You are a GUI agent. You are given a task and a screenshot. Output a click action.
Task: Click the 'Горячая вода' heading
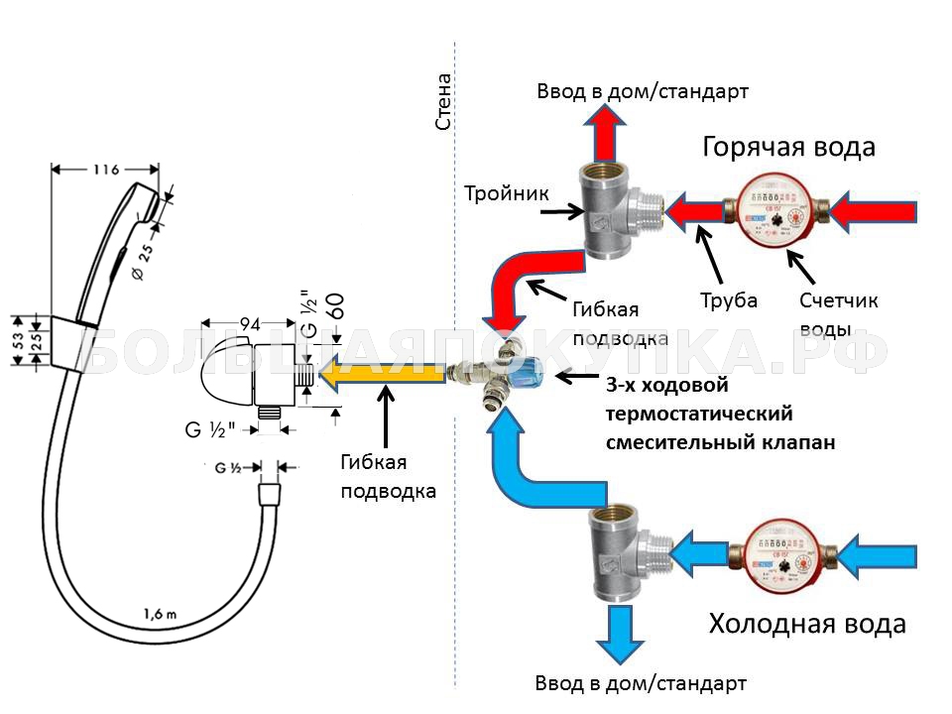tap(788, 148)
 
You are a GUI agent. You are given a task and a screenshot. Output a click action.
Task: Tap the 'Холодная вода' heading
tap(806, 624)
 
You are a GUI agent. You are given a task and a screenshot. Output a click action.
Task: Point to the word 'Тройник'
tap(507, 192)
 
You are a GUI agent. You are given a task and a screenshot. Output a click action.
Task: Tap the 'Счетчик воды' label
tap(839, 313)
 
